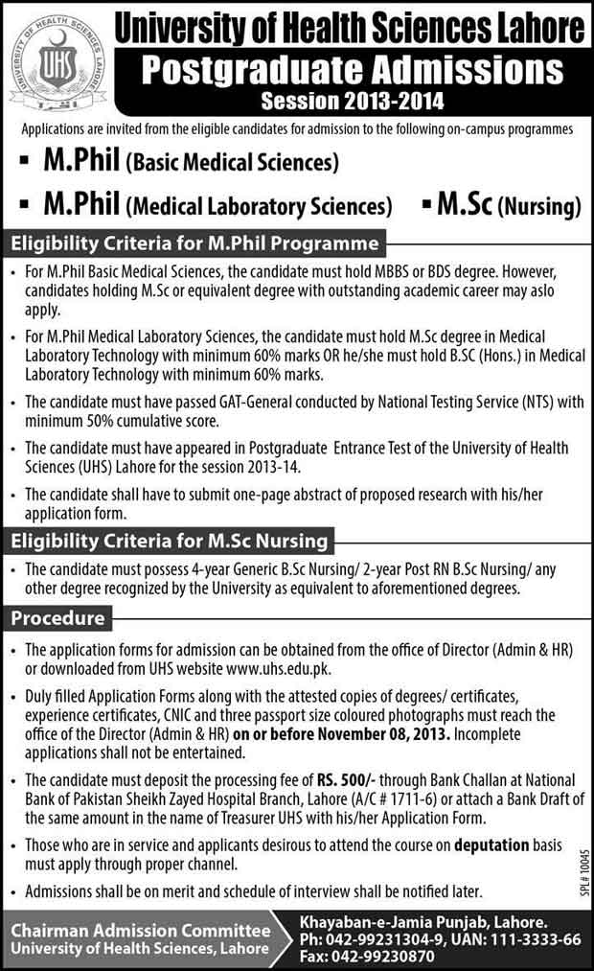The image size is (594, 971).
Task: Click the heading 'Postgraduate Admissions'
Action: (x=352, y=70)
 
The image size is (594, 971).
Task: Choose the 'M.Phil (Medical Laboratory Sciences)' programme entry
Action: (x=205, y=204)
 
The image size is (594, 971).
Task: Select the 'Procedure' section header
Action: (x=57, y=618)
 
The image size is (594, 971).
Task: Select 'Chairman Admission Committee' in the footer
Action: (x=141, y=929)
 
